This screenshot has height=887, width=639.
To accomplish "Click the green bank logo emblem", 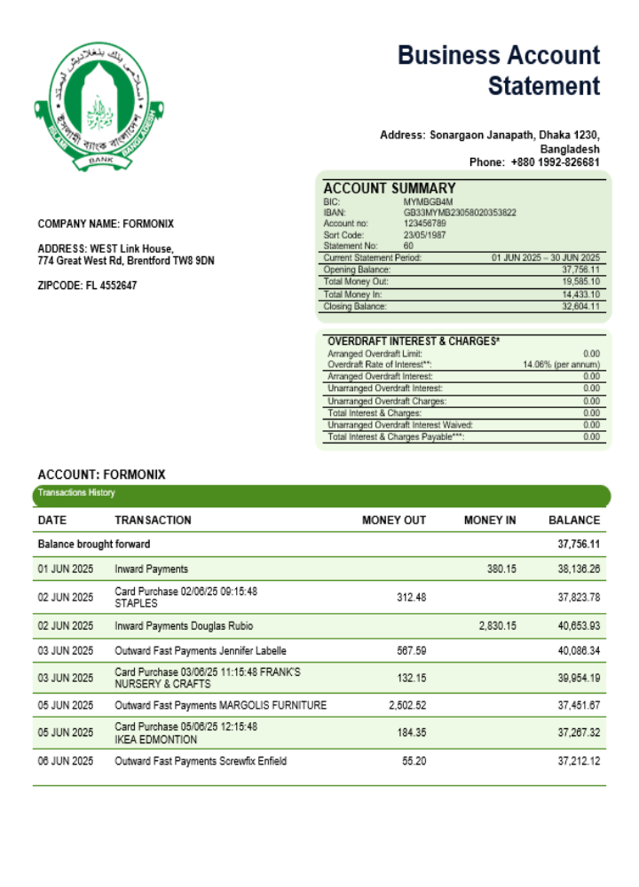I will coord(100,106).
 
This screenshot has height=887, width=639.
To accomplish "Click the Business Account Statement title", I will coord(499,71).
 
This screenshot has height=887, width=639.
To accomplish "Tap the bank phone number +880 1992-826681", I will coord(555,162).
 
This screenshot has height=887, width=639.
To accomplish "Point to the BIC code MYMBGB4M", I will coord(428,202).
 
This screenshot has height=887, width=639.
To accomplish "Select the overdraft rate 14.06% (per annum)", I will coord(561,365).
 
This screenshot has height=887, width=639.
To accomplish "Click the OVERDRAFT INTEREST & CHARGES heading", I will coord(414,341).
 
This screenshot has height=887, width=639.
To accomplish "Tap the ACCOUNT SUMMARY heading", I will coord(389,188).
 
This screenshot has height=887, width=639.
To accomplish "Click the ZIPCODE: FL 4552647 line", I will coord(87,286).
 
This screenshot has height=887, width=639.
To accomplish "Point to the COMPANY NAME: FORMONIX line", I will coord(106,224).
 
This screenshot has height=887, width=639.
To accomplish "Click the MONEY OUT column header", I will coord(393,521).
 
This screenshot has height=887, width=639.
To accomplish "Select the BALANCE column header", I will coord(573,521).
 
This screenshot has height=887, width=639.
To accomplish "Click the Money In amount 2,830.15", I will coord(497,626).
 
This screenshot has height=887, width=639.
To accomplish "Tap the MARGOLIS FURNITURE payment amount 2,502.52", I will coord(407,706).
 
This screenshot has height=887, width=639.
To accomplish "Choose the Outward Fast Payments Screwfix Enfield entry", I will coord(201,761).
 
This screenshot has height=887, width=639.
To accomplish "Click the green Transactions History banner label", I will coord(76,493).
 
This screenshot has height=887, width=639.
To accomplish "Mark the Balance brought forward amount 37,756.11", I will coord(578,544).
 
